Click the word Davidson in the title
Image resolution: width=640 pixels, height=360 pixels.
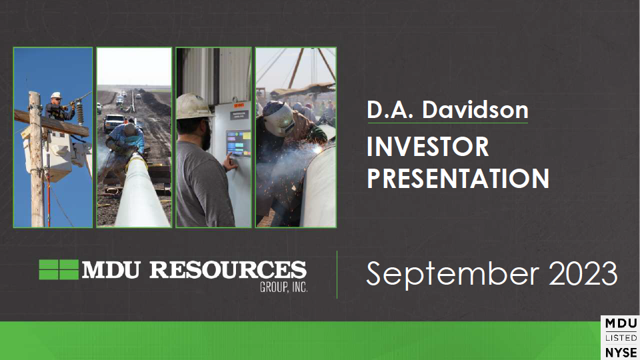pyautogui.click(x=475, y=110)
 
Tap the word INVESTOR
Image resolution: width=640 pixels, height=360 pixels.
pyautogui.click(x=428, y=146)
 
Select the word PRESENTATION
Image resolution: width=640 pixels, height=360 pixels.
pyautogui.click(x=458, y=178)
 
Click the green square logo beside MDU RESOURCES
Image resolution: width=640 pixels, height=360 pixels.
pyautogui.click(x=59, y=269)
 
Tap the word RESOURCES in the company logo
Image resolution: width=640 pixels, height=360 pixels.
pyautogui.click(x=228, y=270)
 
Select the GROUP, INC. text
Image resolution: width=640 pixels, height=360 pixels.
pyautogui.click(x=284, y=287)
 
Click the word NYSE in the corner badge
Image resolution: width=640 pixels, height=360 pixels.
pyautogui.click(x=621, y=352)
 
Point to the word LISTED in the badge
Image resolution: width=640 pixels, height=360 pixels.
pyautogui.click(x=621, y=338)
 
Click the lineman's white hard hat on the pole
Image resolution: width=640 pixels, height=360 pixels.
pyautogui.click(x=56, y=95)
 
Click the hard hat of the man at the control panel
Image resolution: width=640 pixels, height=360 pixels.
pyautogui.click(x=193, y=106)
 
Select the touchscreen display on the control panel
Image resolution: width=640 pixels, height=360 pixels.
pyautogui.click(x=239, y=144)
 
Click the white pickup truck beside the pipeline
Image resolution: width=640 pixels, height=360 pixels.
pyautogui.click(x=113, y=123)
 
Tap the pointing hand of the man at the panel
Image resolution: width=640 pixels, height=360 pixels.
pyautogui.click(x=230, y=163)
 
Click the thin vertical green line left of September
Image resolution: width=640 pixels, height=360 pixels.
pyautogui.click(x=337, y=275)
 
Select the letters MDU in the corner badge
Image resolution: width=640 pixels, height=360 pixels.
pyautogui.click(x=621, y=324)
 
